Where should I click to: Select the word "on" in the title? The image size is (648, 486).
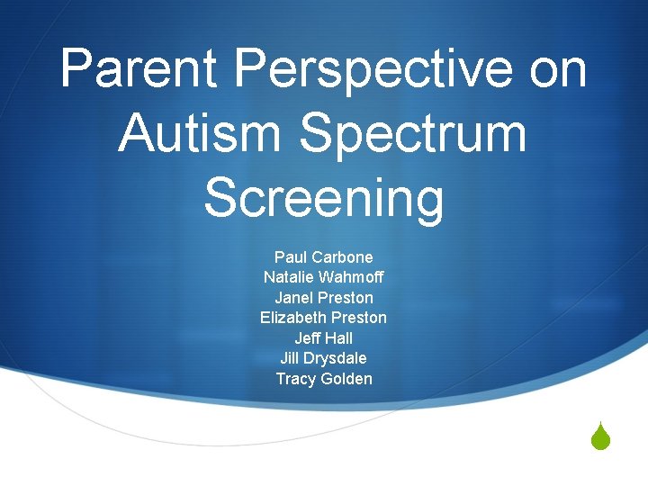click(x=558, y=68)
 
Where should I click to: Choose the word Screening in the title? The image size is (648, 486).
click(x=324, y=198)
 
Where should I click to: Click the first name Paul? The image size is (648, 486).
click(x=292, y=257)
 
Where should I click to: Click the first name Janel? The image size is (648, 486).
click(x=292, y=298)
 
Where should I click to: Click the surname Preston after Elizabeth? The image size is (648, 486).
click(x=359, y=318)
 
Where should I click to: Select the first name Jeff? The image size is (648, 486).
click(x=308, y=338)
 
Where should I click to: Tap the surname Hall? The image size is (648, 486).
click(x=339, y=338)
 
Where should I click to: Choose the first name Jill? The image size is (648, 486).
click(x=291, y=358)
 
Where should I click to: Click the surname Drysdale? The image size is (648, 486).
click(x=337, y=358)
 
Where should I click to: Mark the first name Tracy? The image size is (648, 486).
click(x=296, y=379)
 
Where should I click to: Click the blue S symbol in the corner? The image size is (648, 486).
click(x=601, y=438)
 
